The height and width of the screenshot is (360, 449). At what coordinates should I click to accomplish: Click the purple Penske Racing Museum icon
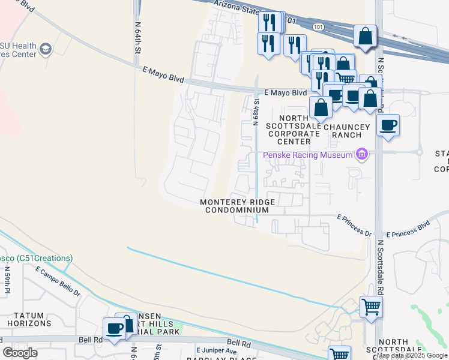coord(361,155)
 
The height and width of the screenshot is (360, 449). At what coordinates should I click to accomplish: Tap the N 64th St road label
coord(137,38)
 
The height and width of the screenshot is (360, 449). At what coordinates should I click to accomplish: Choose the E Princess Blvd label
coord(408,229)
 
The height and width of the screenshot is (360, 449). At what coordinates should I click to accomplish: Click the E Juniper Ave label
coord(215,350)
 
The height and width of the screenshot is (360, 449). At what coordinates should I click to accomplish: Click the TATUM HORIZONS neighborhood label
coord(25,319)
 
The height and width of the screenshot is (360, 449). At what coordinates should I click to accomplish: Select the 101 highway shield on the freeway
coord(318,26)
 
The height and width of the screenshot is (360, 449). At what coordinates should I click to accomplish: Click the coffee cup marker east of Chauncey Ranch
coord(388,125)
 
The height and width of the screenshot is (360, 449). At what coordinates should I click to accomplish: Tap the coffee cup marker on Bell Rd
coord(114,328)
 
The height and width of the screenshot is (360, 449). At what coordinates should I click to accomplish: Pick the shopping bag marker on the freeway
coord(365,36)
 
